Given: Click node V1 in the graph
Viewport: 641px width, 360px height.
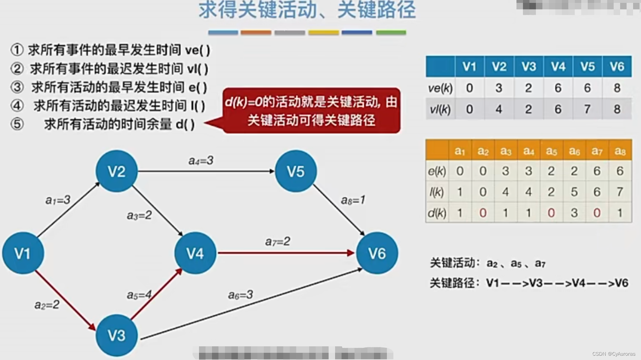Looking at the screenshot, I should (23, 253).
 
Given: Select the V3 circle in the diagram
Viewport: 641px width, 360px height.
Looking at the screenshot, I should (117, 335).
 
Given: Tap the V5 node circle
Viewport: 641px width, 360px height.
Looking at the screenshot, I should (296, 171).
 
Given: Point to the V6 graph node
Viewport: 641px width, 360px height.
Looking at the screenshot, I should (377, 253).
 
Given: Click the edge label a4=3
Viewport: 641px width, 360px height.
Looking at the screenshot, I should (201, 160).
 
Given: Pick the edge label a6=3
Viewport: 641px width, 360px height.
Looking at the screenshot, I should (240, 295).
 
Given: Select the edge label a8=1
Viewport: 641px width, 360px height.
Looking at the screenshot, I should (353, 200).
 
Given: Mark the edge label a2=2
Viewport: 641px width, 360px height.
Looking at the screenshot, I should (47, 305).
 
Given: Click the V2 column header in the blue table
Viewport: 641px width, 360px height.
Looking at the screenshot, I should (499, 67).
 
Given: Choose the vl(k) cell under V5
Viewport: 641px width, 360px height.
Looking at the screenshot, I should (587, 109).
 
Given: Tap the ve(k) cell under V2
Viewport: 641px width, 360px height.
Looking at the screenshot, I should (499, 88).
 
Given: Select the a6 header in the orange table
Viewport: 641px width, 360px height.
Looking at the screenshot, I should (574, 151).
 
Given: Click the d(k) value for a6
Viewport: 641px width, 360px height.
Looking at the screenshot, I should (574, 213).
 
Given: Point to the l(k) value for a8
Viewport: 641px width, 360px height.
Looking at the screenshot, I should (620, 192).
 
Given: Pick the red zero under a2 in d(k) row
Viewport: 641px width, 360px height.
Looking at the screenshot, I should (483, 213).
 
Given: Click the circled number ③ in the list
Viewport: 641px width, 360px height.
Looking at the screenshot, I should (17, 87).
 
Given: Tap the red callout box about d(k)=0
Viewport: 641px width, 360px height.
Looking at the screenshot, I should (311, 111).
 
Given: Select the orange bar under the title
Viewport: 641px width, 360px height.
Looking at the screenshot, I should (256, 33).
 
